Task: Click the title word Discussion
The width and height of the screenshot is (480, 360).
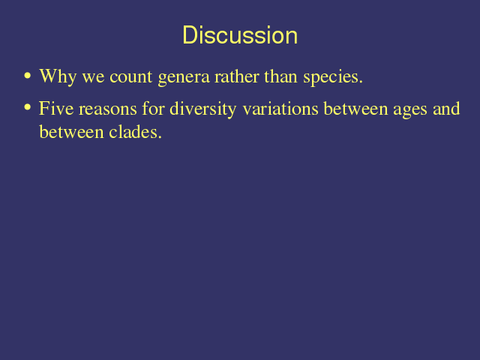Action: [240, 35]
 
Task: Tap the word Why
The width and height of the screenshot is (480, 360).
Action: [58, 76]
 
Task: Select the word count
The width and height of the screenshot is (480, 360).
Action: [130, 77]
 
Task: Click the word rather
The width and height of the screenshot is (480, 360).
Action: [237, 76]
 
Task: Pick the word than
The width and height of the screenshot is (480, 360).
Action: [280, 76]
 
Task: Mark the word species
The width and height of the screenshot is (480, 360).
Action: [333, 77]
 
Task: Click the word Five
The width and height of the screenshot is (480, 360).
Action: [56, 108]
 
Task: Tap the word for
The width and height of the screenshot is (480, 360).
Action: [153, 108]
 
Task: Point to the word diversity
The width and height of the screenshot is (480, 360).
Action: [203, 109]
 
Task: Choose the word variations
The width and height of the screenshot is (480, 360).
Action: [280, 108]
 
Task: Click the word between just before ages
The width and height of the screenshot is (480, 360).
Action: [355, 108]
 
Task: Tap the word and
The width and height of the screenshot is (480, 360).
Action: [446, 108]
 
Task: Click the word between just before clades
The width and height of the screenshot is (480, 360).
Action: [72, 132]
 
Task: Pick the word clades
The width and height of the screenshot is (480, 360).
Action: [135, 132]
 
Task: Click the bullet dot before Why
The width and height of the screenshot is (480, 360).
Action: [28, 75]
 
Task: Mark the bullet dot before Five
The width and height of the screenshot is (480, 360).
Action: [28, 107]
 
